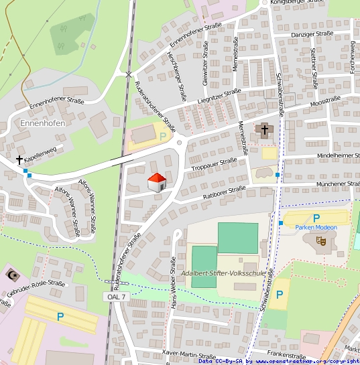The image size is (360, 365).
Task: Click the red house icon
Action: coord(156,181)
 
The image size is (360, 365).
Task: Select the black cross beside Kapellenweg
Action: coord(19,160)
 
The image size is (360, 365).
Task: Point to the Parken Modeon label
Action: coord(316,227)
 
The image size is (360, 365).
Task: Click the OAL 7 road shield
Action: coord(115,296)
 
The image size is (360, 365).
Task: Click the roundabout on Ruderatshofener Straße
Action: coord(179,142)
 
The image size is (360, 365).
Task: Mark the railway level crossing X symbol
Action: coord(129,74)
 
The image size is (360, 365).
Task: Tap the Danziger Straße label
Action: coord(312,34)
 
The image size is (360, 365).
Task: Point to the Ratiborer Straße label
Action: coord(223,194)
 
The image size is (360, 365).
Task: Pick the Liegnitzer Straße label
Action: coord(215,97)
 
